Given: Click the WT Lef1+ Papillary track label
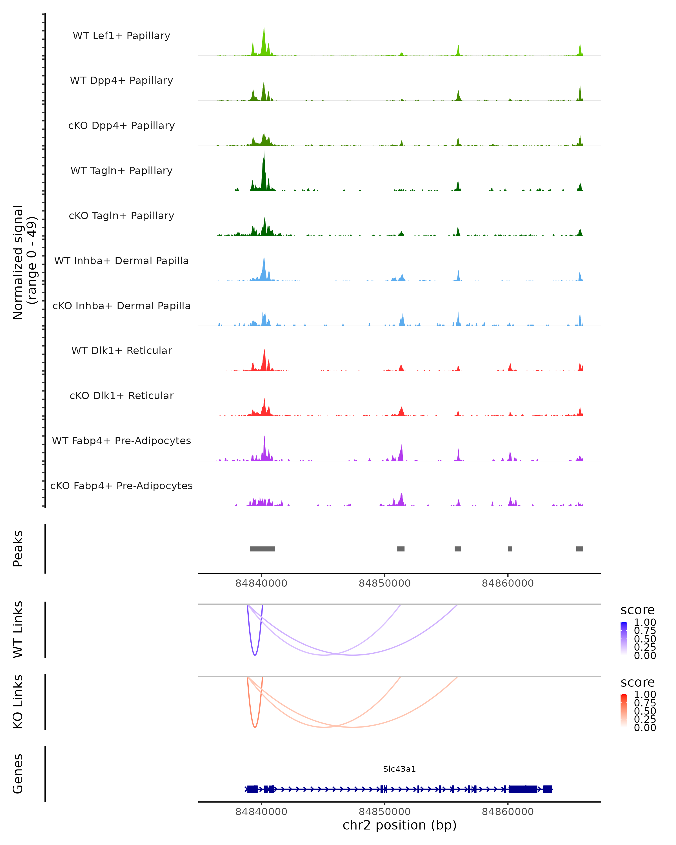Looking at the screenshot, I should [x=121, y=36].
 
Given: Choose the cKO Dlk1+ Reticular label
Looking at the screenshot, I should [x=121, y=395].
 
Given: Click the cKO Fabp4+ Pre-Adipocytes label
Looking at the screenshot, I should [x=121, y=486].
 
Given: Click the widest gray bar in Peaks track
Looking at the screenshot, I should [x=263, y=549].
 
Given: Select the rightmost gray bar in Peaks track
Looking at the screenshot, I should [x=580, y=549].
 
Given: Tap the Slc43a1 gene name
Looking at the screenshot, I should [x=399, y=769].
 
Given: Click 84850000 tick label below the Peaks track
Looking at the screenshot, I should [x=384, y=583].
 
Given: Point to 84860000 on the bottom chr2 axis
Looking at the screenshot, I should [x=508, y=812].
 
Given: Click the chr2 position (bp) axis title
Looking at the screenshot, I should [x=399, y=825].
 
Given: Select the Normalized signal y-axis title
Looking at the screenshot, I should [x=24, y=262].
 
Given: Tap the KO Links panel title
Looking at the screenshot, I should [x=18, y=702].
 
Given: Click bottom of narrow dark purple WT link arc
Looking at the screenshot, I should [x=255, y=655].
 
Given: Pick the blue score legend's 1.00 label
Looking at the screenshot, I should [x=645, y=622].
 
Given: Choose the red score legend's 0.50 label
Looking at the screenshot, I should [x=645, y=711].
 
